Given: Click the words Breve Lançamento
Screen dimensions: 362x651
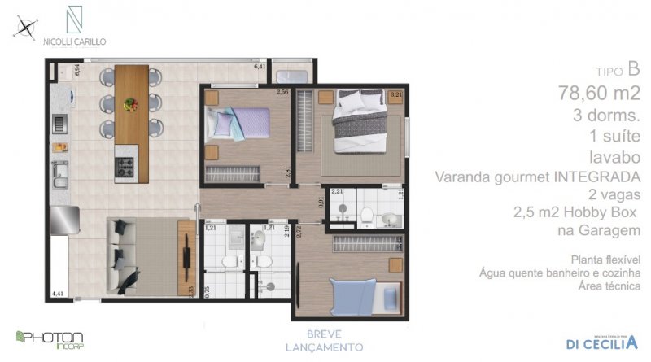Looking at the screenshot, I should tap(334, 340).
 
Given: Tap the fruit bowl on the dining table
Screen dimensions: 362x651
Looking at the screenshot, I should tap(130, 104).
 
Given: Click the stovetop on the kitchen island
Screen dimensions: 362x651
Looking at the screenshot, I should tap(127, 168).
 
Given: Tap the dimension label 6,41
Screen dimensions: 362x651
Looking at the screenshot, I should tap(260, 66).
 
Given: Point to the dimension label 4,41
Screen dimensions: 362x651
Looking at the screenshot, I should tap(57, 292).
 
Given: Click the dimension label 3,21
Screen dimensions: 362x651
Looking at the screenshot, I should tap(396, 95).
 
